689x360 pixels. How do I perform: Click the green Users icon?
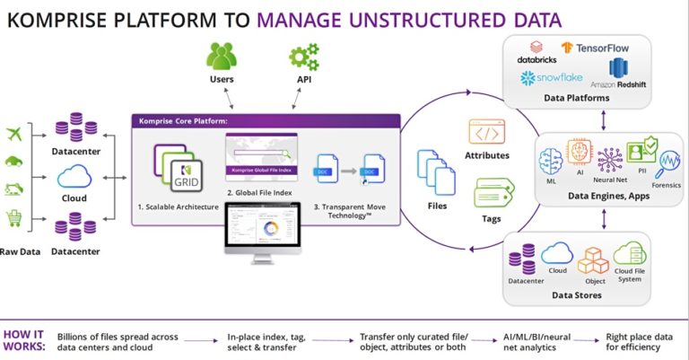pyautogui.click(x=222, y=56)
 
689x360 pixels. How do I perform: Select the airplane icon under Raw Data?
pyautogui.click(x=14, y=134)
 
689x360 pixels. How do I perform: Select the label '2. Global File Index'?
pyautogui.click(x=261, y=194)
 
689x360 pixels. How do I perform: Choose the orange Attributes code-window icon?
pyautogui.click(x=486, y=134)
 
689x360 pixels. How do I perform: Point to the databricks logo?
pyautogui.click(x=537, y=52)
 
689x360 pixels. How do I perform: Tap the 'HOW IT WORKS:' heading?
pyautogui.click(x=25, y=342)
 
